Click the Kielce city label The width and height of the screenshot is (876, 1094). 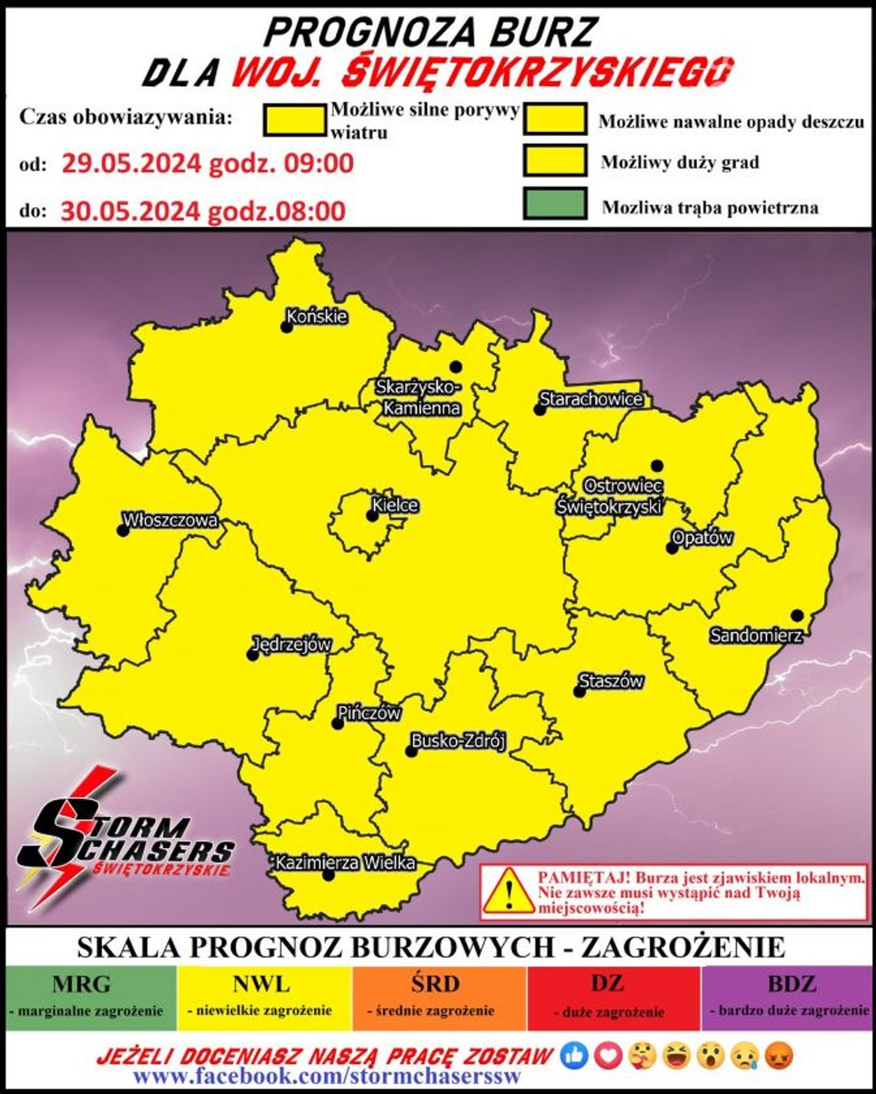(x=395, y=505)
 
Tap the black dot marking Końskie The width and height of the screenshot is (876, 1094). (x=287, y=328)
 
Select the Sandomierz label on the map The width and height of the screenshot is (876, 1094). (x=755, y=636)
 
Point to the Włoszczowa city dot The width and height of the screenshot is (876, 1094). (x=122, y=530)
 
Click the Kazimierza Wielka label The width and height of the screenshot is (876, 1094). (x=346, y=863)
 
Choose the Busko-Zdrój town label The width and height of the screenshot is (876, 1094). (x=458, y=741)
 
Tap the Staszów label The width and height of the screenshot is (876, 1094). (x=611, y=681)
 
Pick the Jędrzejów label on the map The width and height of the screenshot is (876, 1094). (x=292, y=644)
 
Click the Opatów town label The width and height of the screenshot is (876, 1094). (x=702, y=537)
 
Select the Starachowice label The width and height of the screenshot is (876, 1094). (x=591, y=399)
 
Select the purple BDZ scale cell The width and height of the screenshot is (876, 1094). (x=787, y=997)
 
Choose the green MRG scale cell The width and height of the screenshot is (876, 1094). (x=91, y=997)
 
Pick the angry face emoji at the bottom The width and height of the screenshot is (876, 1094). (x=781, y=1056)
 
